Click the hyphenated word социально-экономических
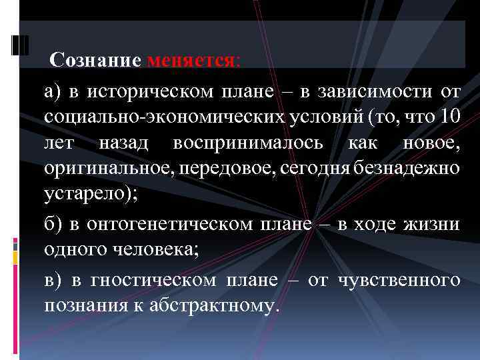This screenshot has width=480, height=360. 151,117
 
